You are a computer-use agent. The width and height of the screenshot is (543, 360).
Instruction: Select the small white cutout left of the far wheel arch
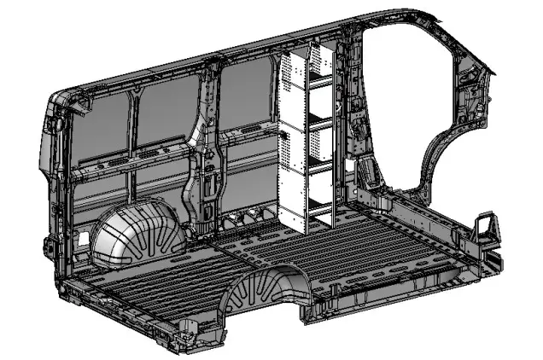[x=83, y=239]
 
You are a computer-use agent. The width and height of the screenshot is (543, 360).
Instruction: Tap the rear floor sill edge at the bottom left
[x=128, y=316]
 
